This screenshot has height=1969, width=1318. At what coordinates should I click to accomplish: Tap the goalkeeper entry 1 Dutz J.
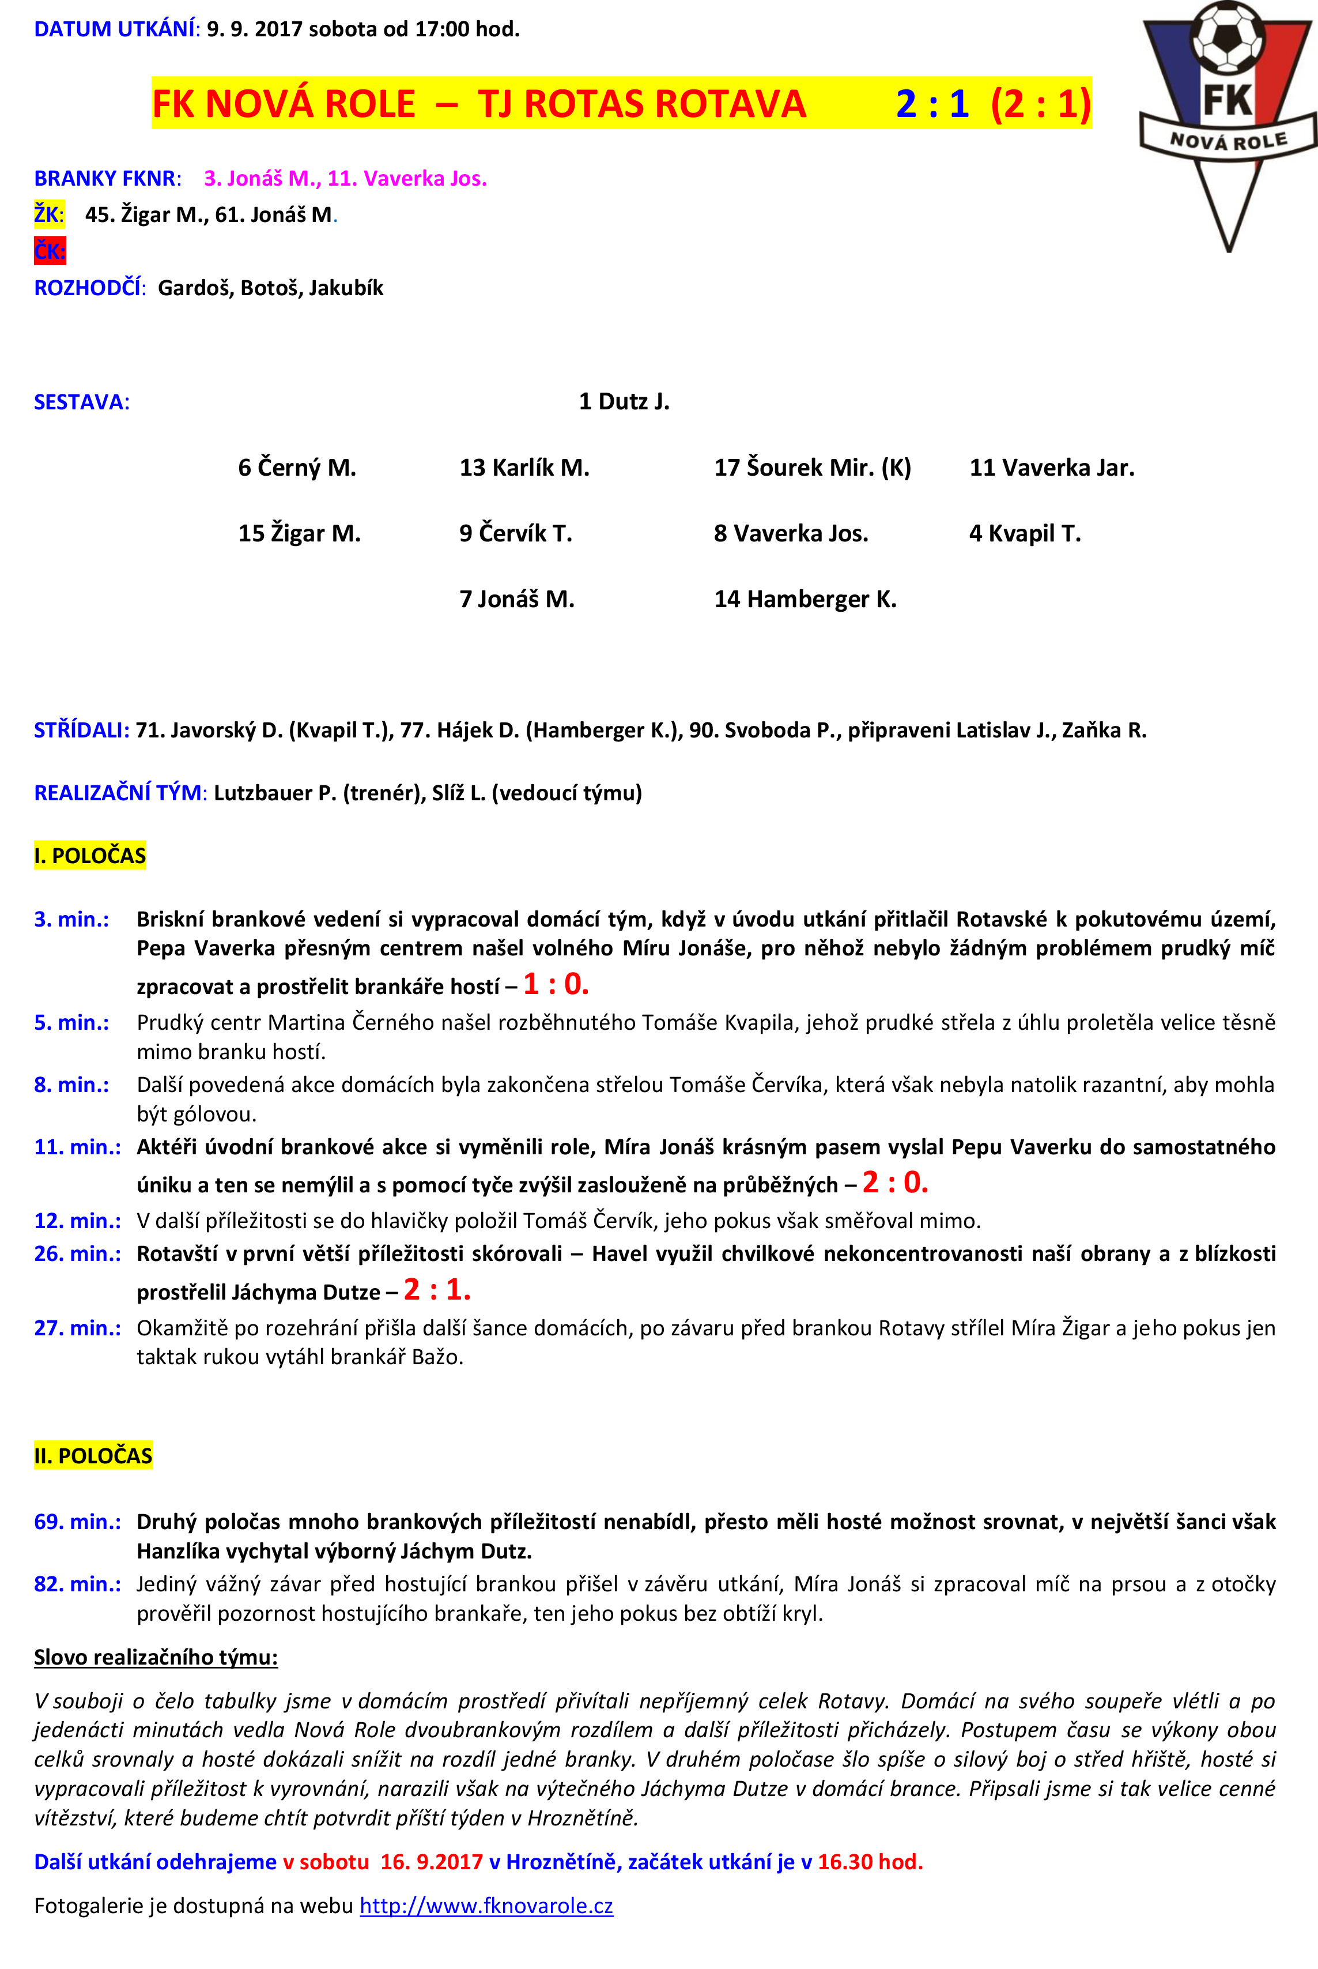click(x=624, y=401)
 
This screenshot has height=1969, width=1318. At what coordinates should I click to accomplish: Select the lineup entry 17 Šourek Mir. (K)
click(x=812, y=468)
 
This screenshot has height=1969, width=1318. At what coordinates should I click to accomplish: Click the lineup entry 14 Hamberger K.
click(x=805, y=600)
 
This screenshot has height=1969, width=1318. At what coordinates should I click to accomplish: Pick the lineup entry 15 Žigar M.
click(x=299, y=533)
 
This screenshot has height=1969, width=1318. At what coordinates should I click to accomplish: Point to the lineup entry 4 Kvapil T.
click(x=1025, y=533)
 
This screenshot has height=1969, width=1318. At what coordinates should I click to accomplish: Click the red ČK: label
click(x=50, y=251)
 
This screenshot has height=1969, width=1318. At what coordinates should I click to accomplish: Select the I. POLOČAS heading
click(x=90, y=856)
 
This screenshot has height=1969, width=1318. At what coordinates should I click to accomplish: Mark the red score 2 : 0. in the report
click(x=894, y=1183)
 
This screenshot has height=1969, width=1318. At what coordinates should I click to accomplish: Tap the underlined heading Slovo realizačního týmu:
click(x=156, y=1657)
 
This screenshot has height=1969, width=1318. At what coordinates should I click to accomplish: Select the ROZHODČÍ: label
click(x=90, y=288)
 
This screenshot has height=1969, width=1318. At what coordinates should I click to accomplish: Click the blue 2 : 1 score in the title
click(x=932, y=103)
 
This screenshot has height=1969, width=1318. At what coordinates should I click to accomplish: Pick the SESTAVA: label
click(x=81, y=402)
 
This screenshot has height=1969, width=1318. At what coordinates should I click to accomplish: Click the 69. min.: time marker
click(x=77, y=1522)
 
